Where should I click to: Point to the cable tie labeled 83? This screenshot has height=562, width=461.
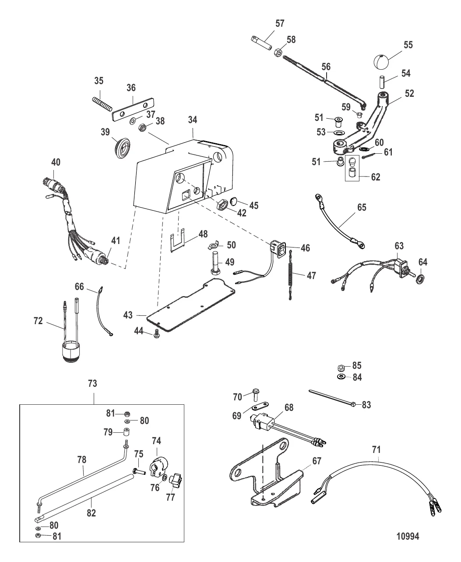(x=335, y=398)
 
